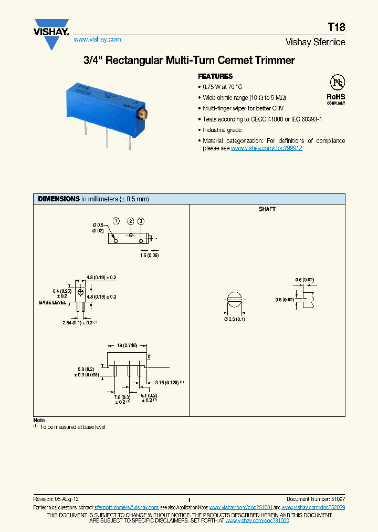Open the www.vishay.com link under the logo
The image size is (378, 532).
97,39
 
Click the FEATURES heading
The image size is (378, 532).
215,76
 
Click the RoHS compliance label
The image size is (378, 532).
336,97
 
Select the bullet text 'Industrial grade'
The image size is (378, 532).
222,130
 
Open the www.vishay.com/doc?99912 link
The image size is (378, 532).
267,148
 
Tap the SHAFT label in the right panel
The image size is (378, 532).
267,209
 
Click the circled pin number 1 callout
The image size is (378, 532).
116,221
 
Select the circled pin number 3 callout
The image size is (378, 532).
141,221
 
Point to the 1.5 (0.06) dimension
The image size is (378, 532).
150,255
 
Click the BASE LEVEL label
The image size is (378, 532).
52,303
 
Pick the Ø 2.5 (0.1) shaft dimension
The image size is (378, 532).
234,319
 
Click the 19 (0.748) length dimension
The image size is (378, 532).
126,345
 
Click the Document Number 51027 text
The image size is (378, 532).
316,498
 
